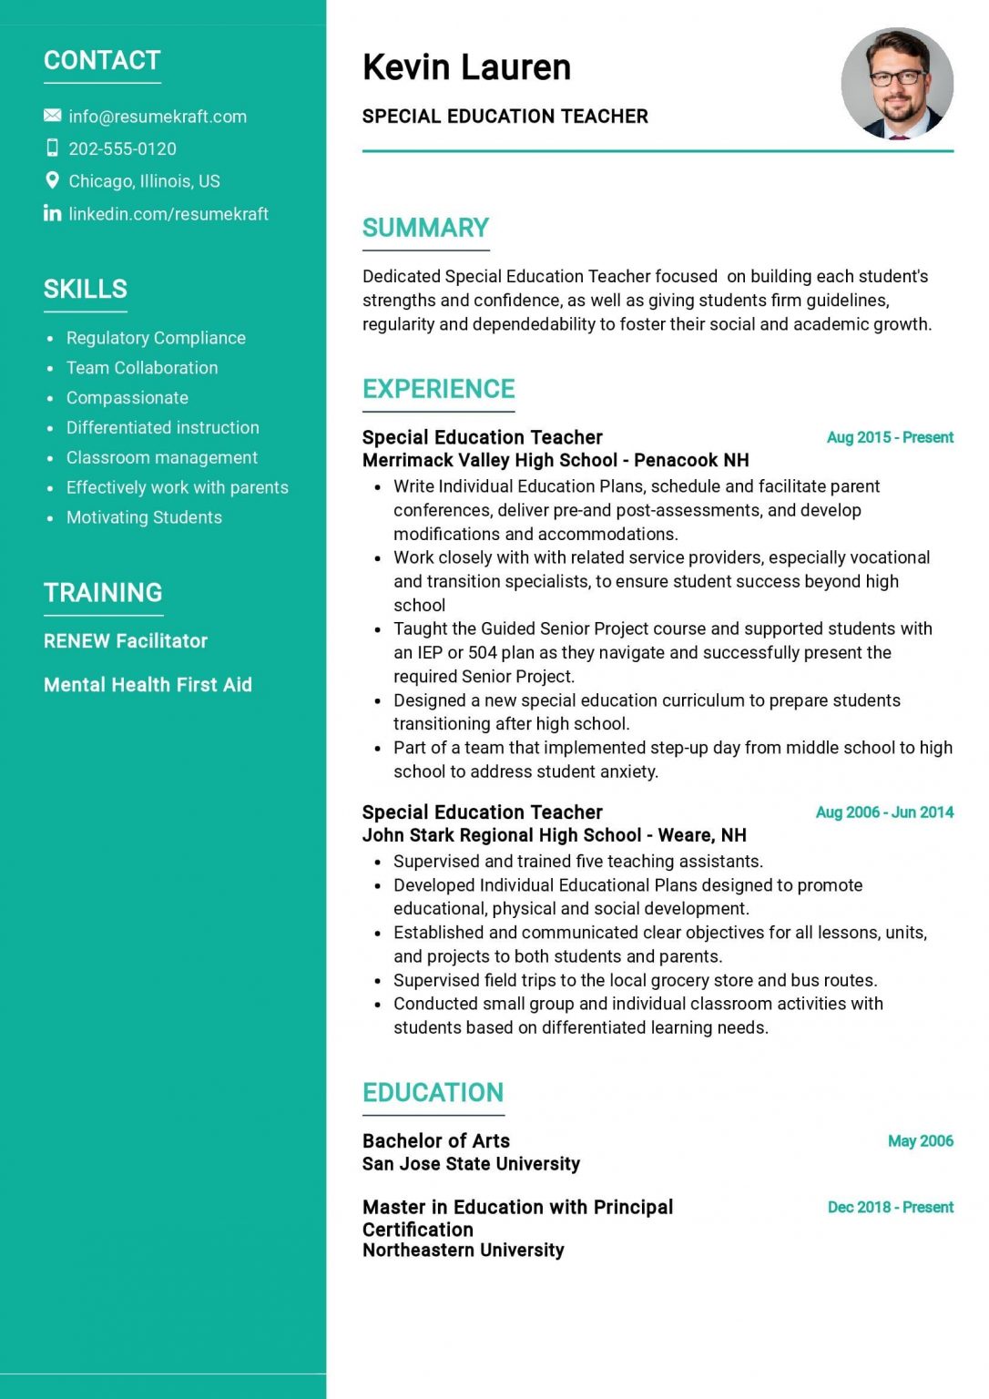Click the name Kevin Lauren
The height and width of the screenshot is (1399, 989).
[466, 67]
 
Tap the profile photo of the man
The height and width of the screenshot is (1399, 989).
[897, 84]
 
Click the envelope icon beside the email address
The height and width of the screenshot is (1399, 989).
[52, 116]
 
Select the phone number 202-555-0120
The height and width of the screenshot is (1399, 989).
[122, 148]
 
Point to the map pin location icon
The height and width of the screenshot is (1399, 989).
[52, 180]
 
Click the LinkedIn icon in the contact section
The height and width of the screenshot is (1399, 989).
[52, 213]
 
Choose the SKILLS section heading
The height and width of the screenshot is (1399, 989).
[86, 289]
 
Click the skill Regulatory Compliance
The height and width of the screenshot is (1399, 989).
[156, 338]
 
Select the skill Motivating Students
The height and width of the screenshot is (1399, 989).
[144, 517]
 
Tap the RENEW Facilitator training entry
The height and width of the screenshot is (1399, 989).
[126, 641]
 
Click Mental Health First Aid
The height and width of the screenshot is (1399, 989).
[148, 685]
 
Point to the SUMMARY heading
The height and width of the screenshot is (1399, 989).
[425, 228]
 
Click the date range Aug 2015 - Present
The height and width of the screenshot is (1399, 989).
[890, 437]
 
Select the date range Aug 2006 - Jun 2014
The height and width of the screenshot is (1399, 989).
[884, 812]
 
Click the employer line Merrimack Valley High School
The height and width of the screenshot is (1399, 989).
[556, 461]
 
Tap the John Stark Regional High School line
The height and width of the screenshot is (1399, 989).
[554, 835]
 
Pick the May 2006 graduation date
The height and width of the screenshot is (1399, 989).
[920, 1141]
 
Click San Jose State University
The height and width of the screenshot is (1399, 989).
[471, 1164]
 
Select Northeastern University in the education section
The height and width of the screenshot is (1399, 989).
[463, 1251]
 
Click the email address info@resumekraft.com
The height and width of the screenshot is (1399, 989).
[158, 117]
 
